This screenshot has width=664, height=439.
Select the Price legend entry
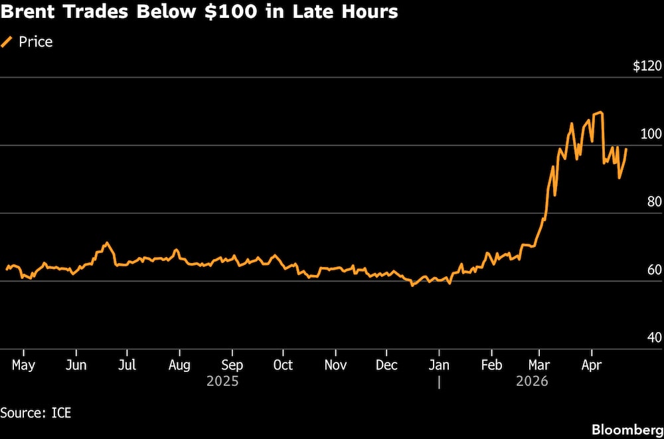[35, 42]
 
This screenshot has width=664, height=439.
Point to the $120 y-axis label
[647, 66]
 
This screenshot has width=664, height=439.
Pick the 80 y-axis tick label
[654, 202]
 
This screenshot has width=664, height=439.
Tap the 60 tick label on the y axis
[654, 270]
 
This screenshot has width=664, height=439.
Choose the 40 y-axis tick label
[654, 337]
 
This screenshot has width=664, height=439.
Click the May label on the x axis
[23, 365]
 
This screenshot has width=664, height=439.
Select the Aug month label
[179, 365]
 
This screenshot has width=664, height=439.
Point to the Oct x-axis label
[283, 365]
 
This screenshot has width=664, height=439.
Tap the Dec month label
[386, 365]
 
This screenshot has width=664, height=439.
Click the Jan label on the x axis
[439, 365]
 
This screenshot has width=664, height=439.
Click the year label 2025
[222, 381]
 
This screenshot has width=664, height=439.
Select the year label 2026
[532, 381]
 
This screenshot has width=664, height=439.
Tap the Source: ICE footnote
[35, 412]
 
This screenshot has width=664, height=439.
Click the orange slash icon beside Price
[7, 42]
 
